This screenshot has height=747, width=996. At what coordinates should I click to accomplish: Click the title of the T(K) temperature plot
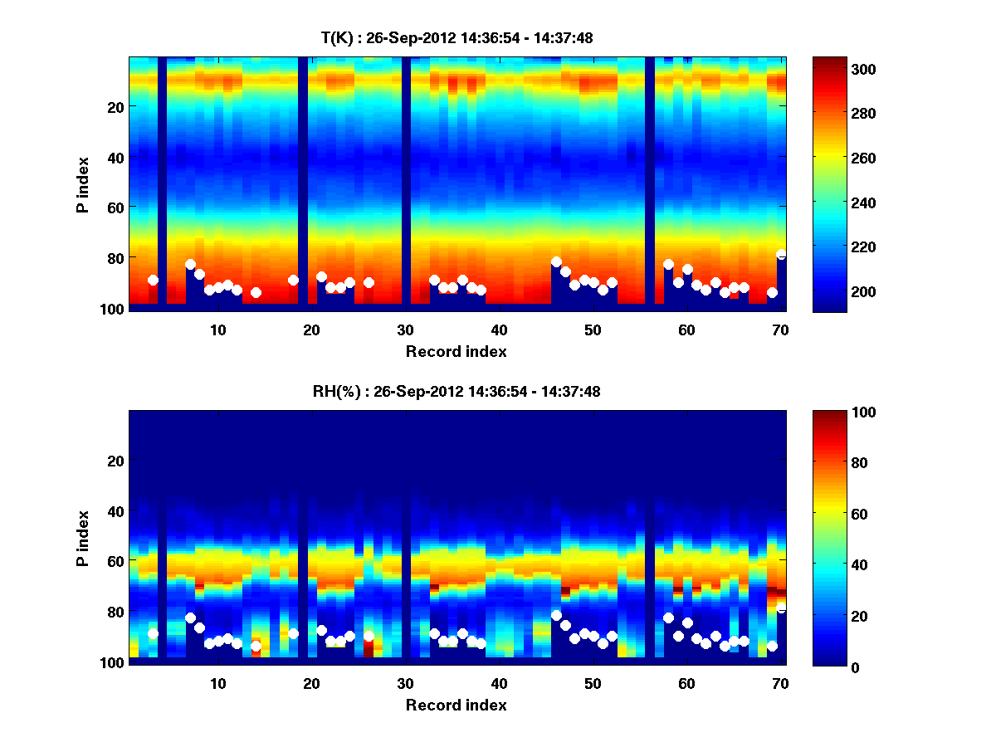(456, 37)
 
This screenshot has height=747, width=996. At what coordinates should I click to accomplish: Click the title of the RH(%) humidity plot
(456, 392)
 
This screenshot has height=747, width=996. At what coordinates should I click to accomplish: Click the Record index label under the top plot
(456, 351)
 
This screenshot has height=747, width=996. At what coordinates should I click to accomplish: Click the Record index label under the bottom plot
(456, 705)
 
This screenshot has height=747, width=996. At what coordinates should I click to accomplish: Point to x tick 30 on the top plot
(405, 329)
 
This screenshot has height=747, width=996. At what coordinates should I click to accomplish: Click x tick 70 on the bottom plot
(780, 683)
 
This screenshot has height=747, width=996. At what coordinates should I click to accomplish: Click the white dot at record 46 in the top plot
(556, 262)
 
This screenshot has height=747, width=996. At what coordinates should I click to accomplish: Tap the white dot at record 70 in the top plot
(781, 255)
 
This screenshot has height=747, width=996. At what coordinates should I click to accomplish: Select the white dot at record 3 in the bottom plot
(153, 634)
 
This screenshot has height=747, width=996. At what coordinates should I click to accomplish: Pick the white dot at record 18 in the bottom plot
(293, 634)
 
